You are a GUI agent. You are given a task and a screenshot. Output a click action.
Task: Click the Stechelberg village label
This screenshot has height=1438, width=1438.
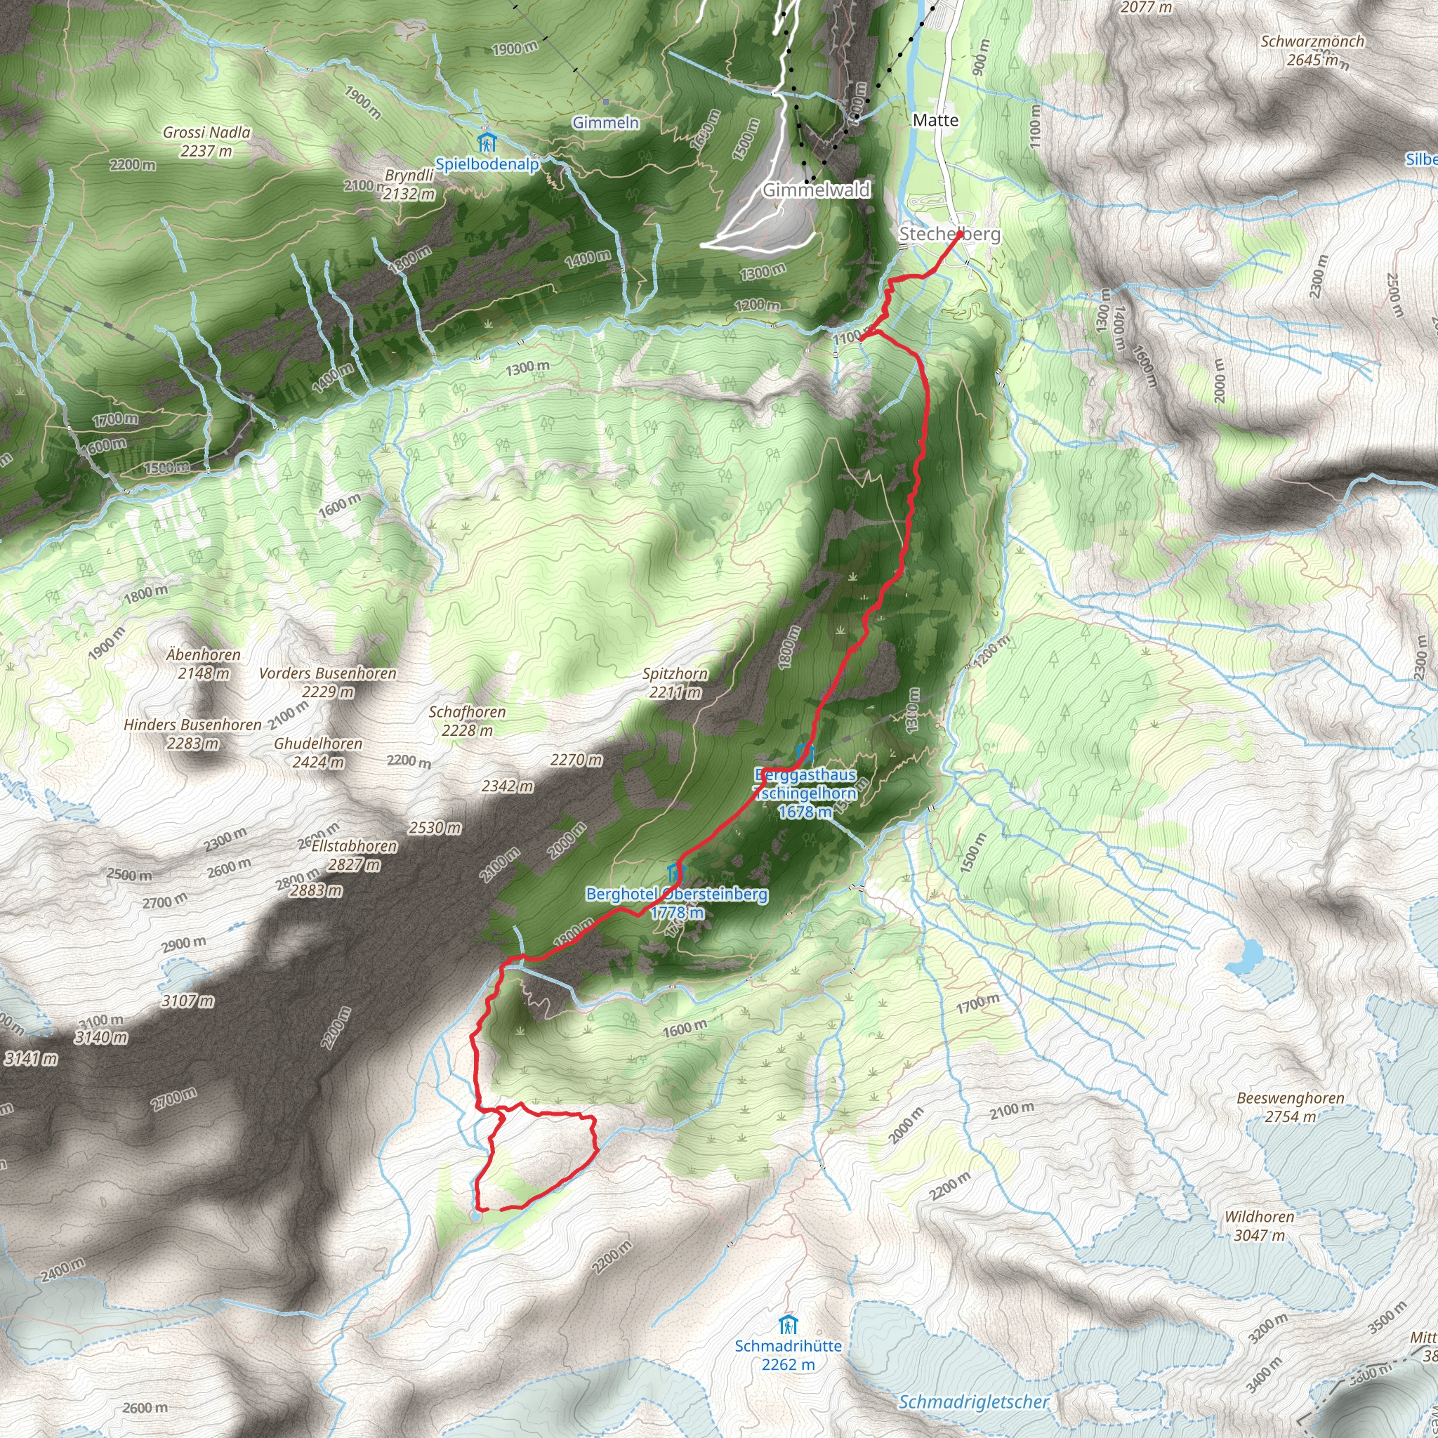coord(949,234)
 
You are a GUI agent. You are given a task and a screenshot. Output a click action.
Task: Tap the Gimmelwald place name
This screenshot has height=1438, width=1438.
coord(816,190)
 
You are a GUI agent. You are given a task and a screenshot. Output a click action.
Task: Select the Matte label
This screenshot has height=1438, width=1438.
coord(935,120)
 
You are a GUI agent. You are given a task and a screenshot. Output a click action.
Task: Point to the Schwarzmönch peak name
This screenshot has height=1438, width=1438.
coord(1312,41)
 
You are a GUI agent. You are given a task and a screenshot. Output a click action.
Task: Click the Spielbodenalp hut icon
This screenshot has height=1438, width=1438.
coord(487,140)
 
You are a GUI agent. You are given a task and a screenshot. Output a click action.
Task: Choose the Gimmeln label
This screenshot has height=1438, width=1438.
coord(605,122)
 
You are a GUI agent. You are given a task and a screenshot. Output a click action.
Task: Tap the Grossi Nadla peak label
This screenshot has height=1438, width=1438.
coord(206,133)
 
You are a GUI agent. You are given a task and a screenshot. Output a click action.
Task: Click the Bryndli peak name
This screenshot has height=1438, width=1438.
coord(409,176)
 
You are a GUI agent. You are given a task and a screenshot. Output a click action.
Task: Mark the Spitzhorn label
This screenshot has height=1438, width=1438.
coord(675,673)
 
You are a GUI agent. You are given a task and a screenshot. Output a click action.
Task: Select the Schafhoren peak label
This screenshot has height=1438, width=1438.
coord(467,712)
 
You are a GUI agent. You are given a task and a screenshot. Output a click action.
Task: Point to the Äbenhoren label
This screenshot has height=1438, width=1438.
coord(203,655)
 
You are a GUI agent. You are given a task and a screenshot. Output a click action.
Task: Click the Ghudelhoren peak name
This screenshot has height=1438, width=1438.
coord(318,744)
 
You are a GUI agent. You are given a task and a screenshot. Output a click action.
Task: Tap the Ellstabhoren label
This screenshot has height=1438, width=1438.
coord(354,846)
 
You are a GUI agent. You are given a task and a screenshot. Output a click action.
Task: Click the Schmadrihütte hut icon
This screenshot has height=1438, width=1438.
coord(789,1325)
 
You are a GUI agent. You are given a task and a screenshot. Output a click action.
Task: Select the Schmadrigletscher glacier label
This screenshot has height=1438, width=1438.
coord(974,1401)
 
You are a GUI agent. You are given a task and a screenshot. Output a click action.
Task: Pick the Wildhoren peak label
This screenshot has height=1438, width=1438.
coord(1260,1217)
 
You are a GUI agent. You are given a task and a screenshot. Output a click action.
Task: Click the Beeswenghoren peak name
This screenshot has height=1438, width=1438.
coord(1290,1098)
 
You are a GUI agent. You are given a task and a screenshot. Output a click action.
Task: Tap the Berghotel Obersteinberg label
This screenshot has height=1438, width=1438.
coord(677,894)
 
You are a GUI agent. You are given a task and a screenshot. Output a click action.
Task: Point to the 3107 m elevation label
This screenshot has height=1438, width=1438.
coord(188,1001)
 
